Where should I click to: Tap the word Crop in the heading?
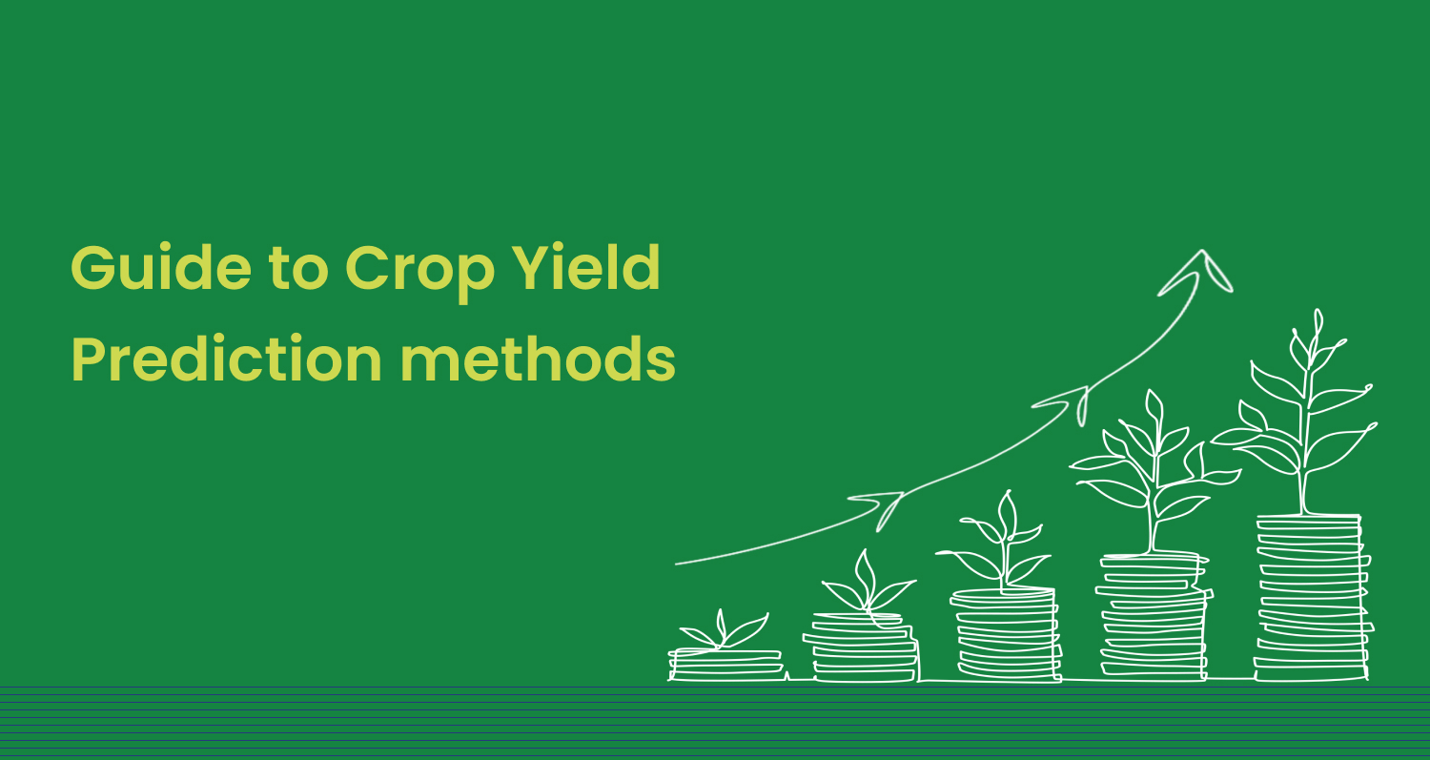[x=419, y=274]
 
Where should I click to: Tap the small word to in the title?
[x=298, y=270]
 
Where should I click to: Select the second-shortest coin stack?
[x=861, y=647]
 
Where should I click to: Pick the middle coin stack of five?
[x=1006, y=635]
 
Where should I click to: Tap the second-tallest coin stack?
[x=1154, y=617]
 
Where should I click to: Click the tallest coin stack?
[x=1312, y=598]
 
